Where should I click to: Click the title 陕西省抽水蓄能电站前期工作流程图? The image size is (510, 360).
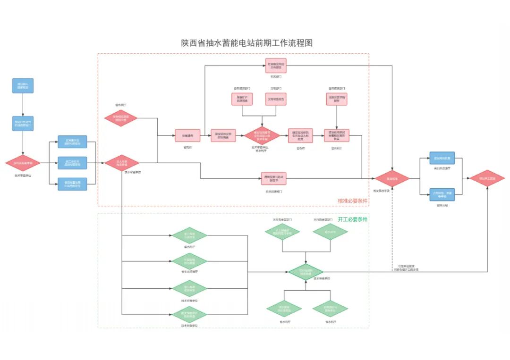coord(247,43)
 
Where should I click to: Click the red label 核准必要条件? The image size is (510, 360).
coord(353,201)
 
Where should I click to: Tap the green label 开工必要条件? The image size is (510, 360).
coord(353,219)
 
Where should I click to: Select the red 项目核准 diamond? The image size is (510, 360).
coord(392,179)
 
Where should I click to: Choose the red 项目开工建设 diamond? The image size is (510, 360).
coord(487,179)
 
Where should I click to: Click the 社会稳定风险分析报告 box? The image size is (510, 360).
coord(276,66)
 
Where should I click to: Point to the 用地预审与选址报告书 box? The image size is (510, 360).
coord(274,178)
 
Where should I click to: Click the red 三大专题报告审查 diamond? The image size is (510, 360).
coord(121,163)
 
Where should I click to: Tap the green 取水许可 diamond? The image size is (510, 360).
coord(330,232)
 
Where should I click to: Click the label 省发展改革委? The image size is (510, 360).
coord(381,191)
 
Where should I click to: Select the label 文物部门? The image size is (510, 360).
coord(276,88)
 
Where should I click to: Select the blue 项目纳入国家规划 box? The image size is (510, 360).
coord(23,86)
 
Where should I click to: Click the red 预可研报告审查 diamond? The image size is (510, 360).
coord(23,163)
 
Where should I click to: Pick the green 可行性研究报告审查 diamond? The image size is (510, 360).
coord(306,272)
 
